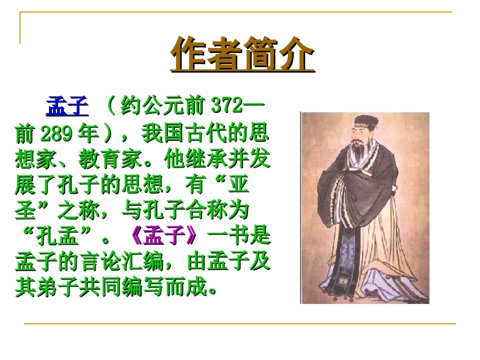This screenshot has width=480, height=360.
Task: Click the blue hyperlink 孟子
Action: coord(67,107)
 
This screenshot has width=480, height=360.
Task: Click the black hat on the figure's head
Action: coord(362,121)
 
